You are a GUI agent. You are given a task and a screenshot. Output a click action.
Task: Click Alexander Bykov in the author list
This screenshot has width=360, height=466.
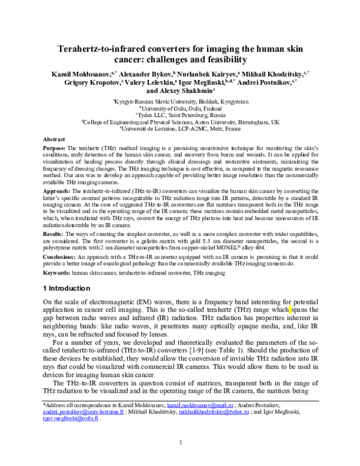point(136,72)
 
